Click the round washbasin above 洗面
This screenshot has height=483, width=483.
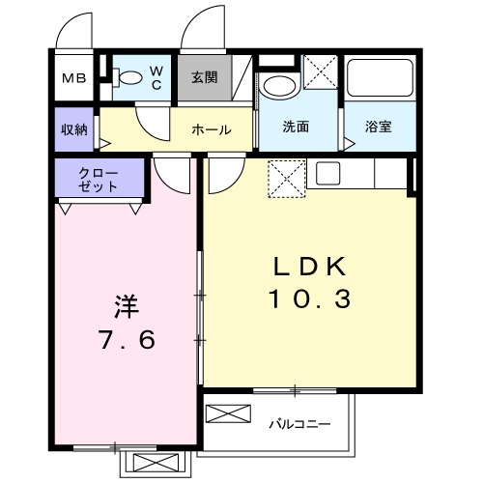pyautogui.click(x=279, y=84)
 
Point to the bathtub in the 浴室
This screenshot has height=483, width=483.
pyautogui.click(x=380, y=79)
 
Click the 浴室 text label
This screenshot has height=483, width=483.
pyautogui.click(x=378, y=127)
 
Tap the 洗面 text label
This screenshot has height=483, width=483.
pyautogui.click(x=296, y=127)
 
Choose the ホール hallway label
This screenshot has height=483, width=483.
pyautogui.click(x=210, y=128)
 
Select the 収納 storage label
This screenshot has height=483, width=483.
pyautogui.click(x=74, y=128)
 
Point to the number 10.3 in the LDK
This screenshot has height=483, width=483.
pyautogui.click(x=308, y=299)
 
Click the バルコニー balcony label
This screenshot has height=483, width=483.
pyautogui.click(x=304, y=424)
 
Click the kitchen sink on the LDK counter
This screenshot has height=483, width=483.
pyautogui.click(x=327, y=175)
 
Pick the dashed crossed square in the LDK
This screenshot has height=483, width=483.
pyautogui.click(x=286, y=178)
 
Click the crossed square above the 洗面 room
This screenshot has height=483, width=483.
pyautogui.click(x=320, y=72)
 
